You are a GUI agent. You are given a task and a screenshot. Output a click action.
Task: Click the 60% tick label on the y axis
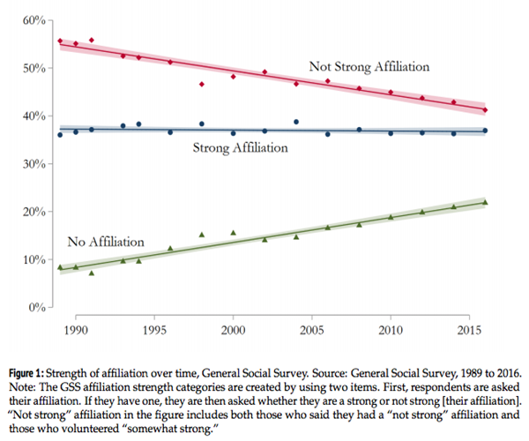[x=33, y=19]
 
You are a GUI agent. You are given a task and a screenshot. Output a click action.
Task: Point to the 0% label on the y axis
[x=36, y=307]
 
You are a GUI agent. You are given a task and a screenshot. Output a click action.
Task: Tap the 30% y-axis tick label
[x=33, y=163]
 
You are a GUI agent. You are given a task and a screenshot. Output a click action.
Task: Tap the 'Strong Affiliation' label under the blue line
[x=240, y=148]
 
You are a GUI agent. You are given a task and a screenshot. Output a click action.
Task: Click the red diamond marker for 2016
[x=485, y=110]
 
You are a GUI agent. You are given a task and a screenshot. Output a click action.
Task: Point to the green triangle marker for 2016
[x=485, y=202]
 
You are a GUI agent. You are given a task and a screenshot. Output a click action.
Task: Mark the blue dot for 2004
[x=296, y=122]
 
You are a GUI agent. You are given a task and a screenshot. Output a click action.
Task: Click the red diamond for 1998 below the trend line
[x=202, y=85]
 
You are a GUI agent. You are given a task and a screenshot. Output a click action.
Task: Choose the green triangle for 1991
[x=91, y=273]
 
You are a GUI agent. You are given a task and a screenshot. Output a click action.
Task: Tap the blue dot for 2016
[x=485, y=131]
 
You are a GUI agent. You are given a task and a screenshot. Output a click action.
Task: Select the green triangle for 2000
[x=234, y=233]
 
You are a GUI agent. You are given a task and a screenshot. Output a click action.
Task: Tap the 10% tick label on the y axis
[x=33, y=259]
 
